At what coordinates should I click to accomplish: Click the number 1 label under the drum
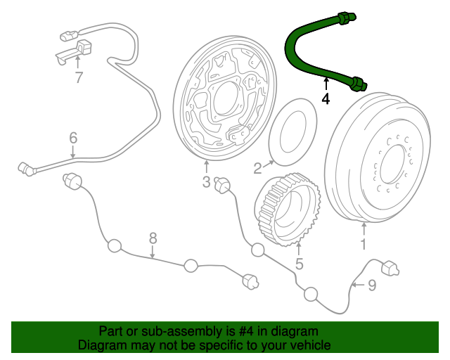[364, 245]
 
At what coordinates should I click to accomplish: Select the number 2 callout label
[257, 167]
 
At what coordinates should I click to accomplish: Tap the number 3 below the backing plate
[206, 183]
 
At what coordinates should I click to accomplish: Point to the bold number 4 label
[325, 99]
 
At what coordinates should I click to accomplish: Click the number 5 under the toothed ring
[299, 264]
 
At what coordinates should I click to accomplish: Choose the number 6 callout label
[72, 138]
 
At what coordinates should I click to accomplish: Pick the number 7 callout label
[79, 77]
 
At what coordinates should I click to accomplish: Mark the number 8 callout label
[153, 239]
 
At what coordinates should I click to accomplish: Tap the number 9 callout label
[372, 285]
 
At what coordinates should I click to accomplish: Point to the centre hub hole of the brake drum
[392, 163]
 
